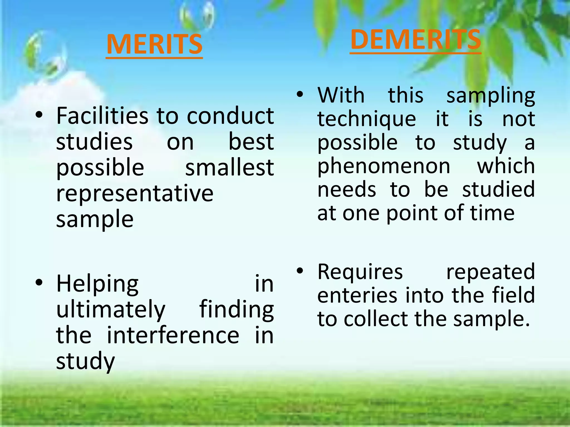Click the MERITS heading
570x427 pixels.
[154, 44]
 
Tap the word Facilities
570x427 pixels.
[102, 116]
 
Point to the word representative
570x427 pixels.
[135, 193]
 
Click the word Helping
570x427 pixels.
[97, 284]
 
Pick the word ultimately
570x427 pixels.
[111, 310]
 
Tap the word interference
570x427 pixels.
[173, 335]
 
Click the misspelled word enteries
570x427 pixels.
[357, 295]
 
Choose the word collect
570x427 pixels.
[376, 319]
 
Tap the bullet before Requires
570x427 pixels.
[299, 270]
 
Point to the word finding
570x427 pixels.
[236, 310]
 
